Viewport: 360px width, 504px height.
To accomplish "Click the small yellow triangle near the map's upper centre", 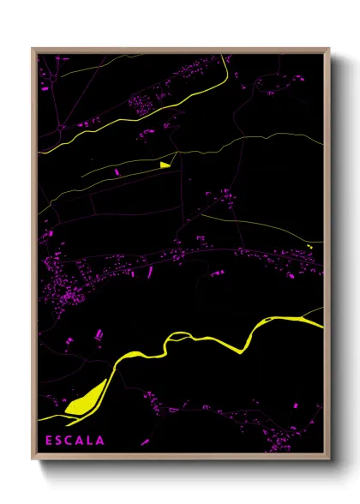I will (x=165, y=164).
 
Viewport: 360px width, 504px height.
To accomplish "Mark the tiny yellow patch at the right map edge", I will (x=309, y=247).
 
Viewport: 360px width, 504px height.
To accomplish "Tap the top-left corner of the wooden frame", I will (x=33, y=49).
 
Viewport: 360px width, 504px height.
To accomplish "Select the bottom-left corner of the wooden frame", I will (x=33, y=459).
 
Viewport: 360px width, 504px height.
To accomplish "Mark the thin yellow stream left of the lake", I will (x=51, y=418).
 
